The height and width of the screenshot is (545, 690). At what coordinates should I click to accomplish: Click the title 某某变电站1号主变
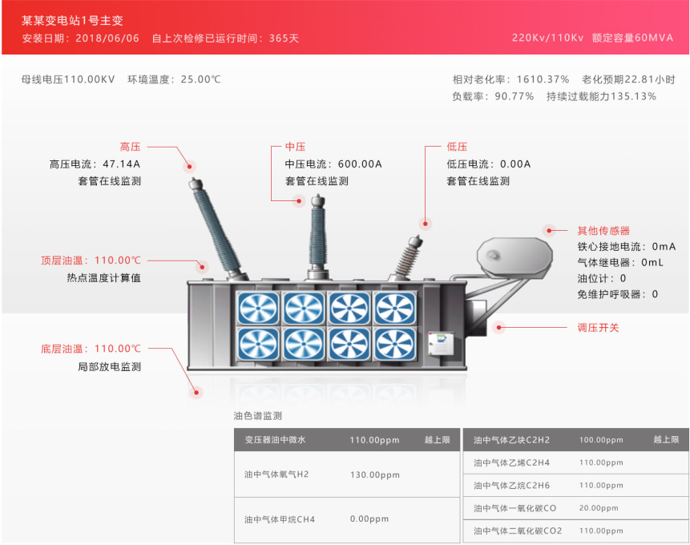73,20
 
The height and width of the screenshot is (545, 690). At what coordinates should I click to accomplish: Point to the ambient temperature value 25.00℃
200,79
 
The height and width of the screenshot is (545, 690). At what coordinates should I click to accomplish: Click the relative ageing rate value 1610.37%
543,79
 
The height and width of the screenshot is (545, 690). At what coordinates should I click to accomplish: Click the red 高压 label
130,147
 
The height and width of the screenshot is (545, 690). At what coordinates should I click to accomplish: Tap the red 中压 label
296,147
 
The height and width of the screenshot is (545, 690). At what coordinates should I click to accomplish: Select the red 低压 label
457,147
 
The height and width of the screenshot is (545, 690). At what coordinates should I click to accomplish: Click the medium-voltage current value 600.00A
360,163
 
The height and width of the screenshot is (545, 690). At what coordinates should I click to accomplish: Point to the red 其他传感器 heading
603,230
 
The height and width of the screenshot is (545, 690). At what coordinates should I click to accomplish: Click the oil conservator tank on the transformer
514,256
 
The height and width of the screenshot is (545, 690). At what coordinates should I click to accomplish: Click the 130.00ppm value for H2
374,474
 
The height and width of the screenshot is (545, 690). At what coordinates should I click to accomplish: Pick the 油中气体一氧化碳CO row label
514,508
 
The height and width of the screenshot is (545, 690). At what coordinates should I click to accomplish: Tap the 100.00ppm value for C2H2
601,440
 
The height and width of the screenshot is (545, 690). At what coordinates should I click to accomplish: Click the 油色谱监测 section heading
258,416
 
